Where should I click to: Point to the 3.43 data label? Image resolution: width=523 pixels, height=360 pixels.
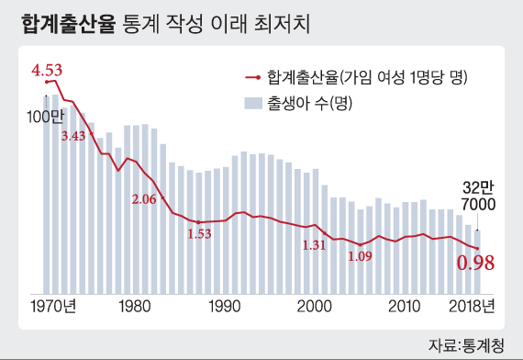73,136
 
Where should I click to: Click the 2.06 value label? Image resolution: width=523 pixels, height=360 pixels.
144,199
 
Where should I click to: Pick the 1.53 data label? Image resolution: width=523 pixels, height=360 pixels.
199,233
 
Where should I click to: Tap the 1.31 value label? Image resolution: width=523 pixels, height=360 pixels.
315,245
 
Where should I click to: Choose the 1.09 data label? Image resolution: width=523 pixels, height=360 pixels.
360,256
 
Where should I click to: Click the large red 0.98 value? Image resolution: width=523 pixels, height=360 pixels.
476,264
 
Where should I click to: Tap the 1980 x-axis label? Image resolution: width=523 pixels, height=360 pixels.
135,306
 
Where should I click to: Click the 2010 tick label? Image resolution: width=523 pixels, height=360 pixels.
405,306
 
